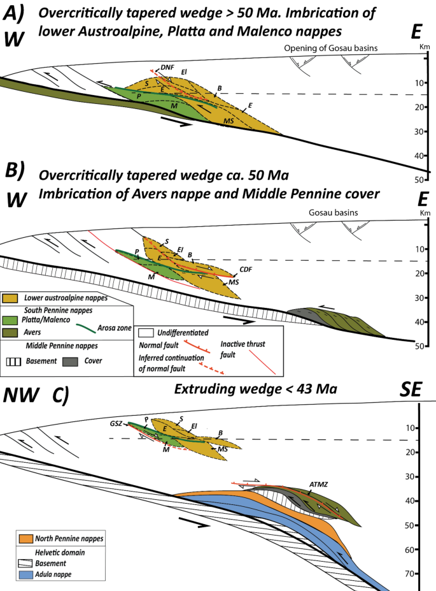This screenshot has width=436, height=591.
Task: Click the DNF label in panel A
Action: click(167, 65)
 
